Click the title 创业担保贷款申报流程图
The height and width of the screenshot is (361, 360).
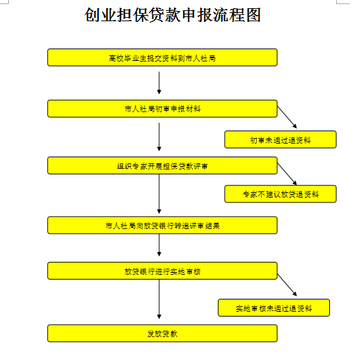tap(173, 15)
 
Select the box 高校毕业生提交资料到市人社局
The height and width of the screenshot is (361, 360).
tap(162, 57)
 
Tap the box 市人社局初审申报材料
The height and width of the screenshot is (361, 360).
tap(162, 109)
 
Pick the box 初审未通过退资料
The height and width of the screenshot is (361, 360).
tap(280, 139)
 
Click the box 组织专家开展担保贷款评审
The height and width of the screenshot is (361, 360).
tap(162, 165)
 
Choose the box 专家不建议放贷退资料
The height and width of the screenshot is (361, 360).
tap(280, 194)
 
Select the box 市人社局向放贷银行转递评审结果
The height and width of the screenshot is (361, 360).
tap(162, 225)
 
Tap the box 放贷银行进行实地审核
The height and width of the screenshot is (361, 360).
tap(162, 271)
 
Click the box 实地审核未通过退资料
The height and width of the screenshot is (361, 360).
tap(274, 308)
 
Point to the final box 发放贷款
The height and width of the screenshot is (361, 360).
tap(162, 334)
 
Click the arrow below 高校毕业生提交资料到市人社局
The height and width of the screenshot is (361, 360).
tap(159, 83)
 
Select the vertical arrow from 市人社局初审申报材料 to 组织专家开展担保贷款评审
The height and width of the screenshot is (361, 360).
tap(159, 137)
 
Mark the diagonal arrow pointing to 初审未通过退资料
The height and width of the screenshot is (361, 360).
tap(287, 117)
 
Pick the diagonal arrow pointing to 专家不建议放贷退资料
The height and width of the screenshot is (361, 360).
tap(287, 174)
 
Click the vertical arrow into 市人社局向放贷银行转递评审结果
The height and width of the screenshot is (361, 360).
tap(159, 194)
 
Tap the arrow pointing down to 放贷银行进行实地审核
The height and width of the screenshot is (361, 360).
tap(159, 245)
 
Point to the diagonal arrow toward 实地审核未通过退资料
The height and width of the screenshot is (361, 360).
tap(287, 285)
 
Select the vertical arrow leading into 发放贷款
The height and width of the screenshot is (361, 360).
tap(159, 299)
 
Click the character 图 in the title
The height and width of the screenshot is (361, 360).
tap(253, 15)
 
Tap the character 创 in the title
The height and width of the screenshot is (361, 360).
tap(92, 15)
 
